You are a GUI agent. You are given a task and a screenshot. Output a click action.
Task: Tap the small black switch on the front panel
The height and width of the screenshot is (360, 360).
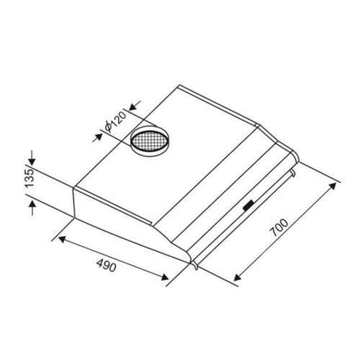point(248,206)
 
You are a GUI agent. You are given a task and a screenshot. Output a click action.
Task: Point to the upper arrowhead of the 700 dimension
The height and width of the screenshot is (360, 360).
point(333,186)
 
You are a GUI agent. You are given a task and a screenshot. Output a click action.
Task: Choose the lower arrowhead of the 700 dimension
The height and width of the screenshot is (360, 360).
point(238,277)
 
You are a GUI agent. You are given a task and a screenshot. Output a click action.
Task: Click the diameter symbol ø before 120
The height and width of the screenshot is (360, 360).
point(107,129)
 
